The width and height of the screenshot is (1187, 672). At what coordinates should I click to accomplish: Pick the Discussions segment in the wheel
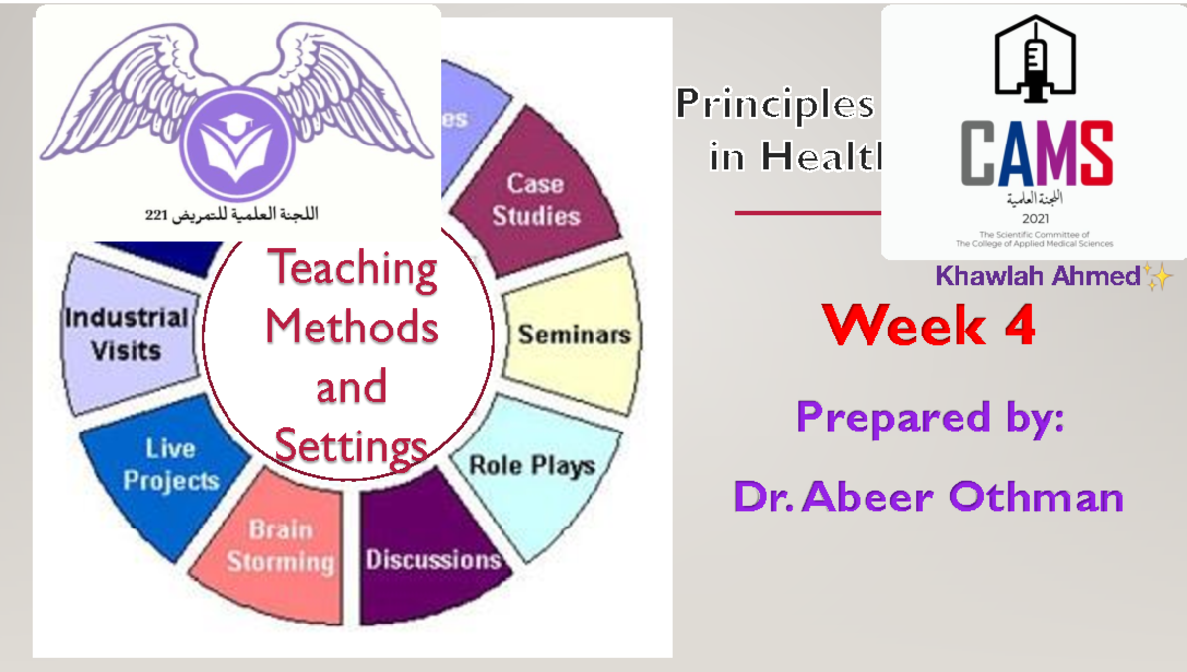click(433, 559)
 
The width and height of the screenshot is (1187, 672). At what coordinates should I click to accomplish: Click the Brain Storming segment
click(280, 546)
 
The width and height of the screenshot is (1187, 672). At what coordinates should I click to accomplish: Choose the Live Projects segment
click(169, 464)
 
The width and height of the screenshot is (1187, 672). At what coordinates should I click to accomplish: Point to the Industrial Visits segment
click(126, 334)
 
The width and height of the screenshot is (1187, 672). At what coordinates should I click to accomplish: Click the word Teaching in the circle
click(352, 269)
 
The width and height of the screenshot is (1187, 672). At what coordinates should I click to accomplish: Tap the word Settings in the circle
click(351, 447)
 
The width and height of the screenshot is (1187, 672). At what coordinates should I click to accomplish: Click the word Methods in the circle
click(352, 327)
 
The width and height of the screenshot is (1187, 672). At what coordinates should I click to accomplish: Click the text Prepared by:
click(930, 417)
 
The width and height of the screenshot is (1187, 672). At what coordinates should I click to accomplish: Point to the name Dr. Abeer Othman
click(928, 496)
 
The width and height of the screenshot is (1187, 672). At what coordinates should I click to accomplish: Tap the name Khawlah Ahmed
click(1038, 277)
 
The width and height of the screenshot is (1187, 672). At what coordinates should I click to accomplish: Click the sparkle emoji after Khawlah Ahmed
click(1157, 278)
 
